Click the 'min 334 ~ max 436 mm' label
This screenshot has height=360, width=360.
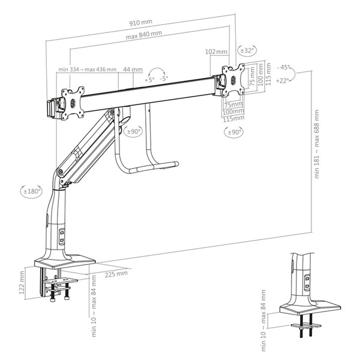[x=86, y=70]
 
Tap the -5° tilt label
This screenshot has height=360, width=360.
[x=164, y=79]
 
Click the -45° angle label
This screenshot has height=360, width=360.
[x=284, y=67]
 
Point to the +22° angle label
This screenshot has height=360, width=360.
[x=284, y=81]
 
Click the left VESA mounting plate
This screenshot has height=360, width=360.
[x=73, y=100]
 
